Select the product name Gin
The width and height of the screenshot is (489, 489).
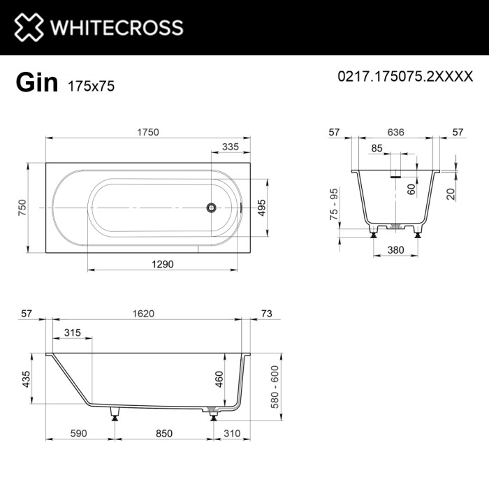(36, 82)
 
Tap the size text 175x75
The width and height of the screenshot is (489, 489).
(91, 86)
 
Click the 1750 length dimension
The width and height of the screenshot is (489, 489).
(147, 131)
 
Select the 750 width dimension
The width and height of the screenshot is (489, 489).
(22, 207)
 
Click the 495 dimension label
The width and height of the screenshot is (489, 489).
(261, 207)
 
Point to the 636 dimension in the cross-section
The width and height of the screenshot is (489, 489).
(396, 131)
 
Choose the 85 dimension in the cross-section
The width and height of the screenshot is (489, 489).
(377, 148)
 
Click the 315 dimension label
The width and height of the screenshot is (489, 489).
(71, 333)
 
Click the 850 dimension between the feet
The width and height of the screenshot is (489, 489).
(163, 433)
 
